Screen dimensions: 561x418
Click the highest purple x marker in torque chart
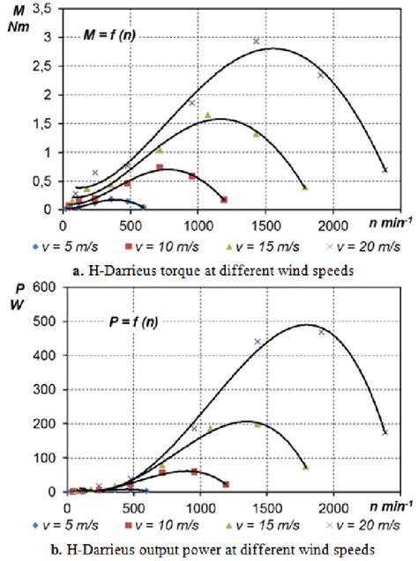[x=257, y=41]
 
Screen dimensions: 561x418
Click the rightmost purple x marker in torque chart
[x=384, y=170]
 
